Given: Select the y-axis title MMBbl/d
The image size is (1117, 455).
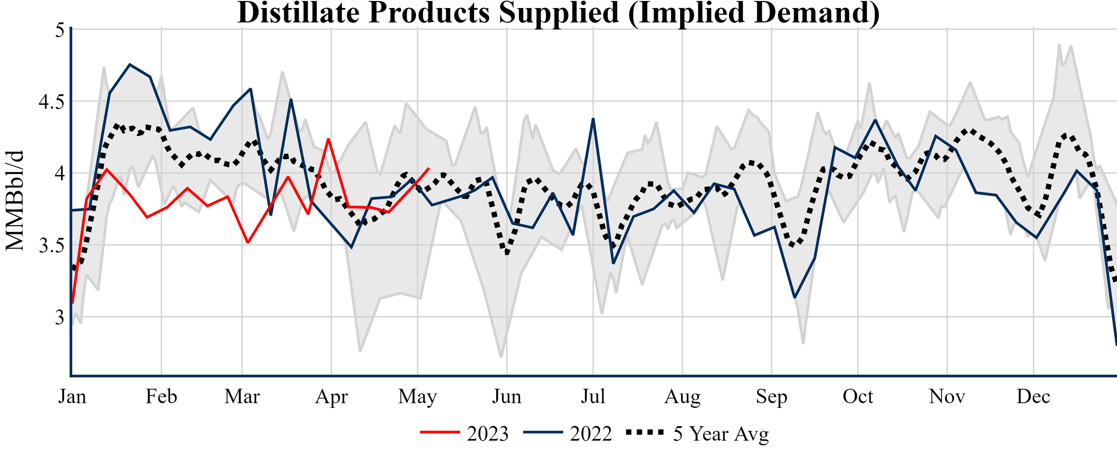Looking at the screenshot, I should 15,201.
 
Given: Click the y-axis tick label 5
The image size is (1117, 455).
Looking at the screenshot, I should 60,30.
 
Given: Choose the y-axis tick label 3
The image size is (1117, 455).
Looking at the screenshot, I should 60,317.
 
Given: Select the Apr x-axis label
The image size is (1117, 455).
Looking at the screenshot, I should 331,396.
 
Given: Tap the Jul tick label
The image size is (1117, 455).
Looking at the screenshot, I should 593,396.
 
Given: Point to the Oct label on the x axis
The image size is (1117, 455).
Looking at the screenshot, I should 858,396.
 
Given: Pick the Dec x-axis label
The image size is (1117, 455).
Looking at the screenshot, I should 1033,396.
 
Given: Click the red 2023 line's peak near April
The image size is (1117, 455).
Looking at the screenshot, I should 329,139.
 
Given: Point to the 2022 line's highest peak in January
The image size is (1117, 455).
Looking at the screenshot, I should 130,65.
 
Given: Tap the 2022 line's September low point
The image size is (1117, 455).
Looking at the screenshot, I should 794,297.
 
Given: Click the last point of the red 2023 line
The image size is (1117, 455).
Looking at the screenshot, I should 429,168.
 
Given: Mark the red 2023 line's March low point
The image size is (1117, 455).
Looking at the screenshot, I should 247,243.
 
